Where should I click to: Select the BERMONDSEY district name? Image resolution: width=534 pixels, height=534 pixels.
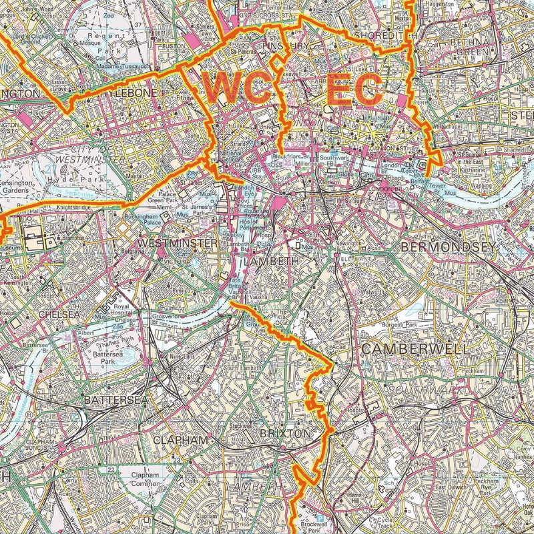click(x=448, y=247)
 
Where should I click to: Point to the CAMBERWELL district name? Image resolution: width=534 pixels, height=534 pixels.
click(x=407, y=348)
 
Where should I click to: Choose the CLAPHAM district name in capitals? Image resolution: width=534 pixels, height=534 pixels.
click(x=181, y=441)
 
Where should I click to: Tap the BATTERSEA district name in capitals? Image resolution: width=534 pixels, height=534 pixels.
click(x=111, y=399)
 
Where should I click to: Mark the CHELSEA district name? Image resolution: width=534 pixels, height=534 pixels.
click(x=59, y=314)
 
